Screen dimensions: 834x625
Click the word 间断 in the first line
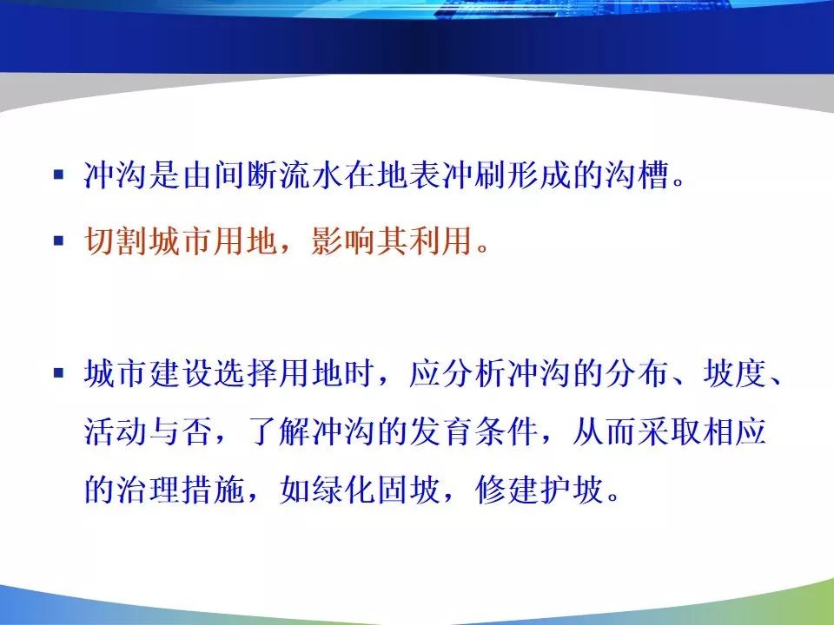(246, 174)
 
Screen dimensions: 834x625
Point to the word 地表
(409, 174)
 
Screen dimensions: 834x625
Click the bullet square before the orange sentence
(58, 240)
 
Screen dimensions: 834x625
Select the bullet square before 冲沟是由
(58, 174)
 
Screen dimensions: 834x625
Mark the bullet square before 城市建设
(58, 372)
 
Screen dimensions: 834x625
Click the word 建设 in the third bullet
(182, 372)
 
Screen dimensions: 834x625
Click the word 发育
(441, 431)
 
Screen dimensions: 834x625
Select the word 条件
(506, 431)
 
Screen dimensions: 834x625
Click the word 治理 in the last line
(149, 489)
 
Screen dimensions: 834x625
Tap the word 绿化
(344, 489)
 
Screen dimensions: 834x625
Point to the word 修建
(506, 489)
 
